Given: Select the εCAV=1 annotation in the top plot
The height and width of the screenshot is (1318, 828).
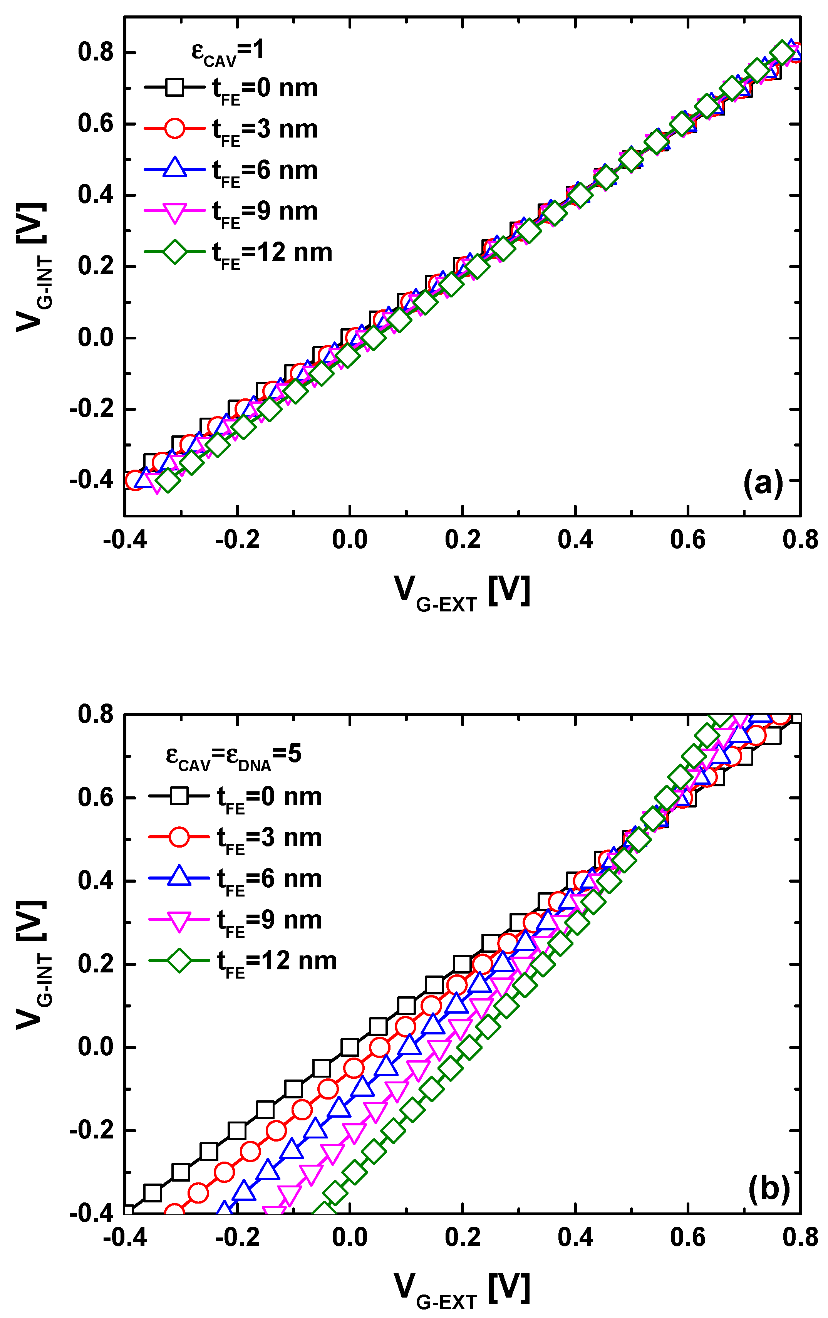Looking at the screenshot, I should [x=228, y=52].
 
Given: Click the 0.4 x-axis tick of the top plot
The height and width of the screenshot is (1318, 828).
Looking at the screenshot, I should [x=575, y=540].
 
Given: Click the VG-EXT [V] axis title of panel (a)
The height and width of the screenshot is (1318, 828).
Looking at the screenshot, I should [x=462, y=592].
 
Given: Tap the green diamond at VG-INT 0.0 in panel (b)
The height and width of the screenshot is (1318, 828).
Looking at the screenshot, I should [x=469, y=1048].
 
